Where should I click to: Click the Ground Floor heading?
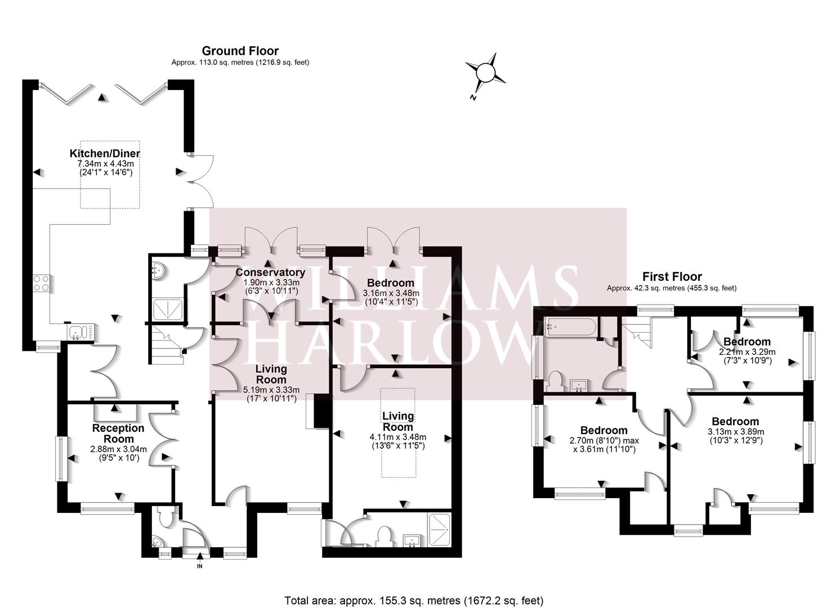(x=240, y=51)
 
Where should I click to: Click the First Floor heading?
(x=672, y=276)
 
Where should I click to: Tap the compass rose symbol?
(x=485, y=73)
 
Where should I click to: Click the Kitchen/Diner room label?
(x=105, y=153)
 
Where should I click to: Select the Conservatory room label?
(x=270, y=272)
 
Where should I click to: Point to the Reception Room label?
(x=118, y=433)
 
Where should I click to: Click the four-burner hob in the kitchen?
(x=42, y=283)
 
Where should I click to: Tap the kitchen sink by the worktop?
(x=81, y=332)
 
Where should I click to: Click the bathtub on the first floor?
(x=570, y=327)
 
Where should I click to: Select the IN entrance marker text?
(x=200, y=566)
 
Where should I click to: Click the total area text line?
(x=414, y=590)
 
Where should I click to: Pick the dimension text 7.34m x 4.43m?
(x=106, y=163)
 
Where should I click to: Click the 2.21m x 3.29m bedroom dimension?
(x=747, y=352)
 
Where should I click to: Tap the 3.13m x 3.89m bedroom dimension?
(x=736, y=432)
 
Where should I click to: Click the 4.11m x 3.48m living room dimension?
(x=398, y=437)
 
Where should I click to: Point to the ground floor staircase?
(x=168, y=344)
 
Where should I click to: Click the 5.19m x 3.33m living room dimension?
(x=271, y=390)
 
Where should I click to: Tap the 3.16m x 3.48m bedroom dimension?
(x=391, y=293)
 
